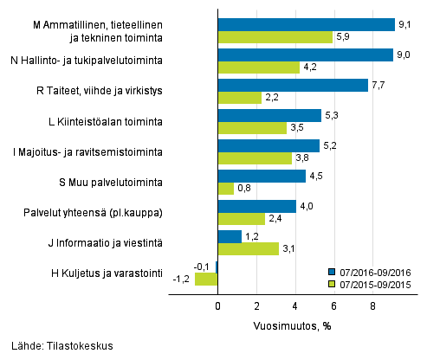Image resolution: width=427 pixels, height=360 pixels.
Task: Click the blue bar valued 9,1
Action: point(305,24)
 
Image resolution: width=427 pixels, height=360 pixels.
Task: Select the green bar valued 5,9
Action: point(275,37)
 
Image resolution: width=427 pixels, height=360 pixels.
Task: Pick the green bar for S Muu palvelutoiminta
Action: point(225,189)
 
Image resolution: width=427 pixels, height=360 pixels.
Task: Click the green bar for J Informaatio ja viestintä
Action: point(248,249)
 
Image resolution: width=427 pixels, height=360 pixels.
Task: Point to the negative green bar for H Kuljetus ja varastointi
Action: point(206,280)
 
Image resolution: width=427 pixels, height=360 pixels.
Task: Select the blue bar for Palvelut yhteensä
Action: point(256,206)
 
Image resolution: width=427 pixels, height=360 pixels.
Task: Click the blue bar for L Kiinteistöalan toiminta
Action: point(268,115)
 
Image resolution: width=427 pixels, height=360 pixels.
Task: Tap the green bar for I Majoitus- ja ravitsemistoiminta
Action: point(254,158)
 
